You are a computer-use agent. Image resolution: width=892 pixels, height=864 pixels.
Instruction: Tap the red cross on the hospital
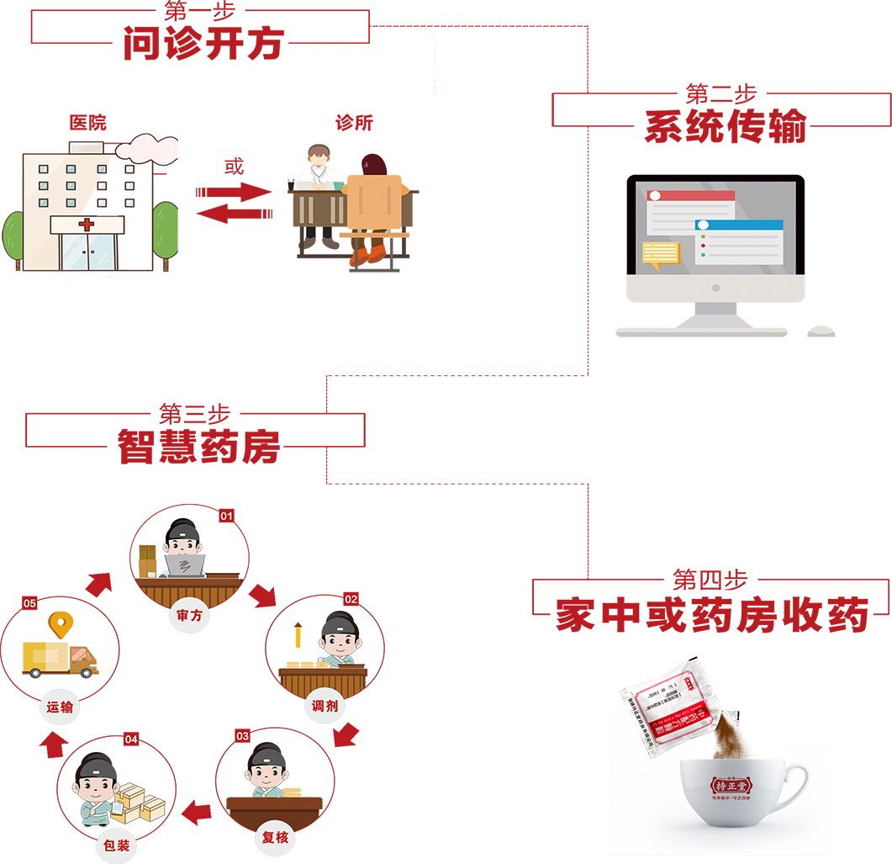click(x=87, y=225)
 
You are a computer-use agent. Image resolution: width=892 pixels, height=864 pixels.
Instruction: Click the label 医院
click(x=88, y=123)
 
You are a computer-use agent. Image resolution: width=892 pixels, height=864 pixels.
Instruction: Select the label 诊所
click(x=354, y=123)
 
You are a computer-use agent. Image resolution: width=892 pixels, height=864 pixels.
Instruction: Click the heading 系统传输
click(x=725, y=127)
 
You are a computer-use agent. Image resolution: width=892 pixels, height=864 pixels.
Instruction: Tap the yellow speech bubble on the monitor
click(x=660, y=252)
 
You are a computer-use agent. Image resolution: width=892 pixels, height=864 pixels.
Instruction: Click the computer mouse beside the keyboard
click(x=821, y=331)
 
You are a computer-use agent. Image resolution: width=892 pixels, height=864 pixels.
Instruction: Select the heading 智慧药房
click(x=198, y=448)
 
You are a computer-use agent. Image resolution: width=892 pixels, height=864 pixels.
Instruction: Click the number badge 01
click(x=226, y=516)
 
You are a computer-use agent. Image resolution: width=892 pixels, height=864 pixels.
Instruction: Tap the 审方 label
click(x=189, y=615)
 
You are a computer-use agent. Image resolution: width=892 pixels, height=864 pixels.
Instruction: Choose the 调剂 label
click(x=325, y=706)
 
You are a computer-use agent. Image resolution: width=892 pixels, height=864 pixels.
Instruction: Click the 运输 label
click(x=60, y=708)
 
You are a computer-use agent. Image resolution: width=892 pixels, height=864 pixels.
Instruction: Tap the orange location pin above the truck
click(x=58, y=624)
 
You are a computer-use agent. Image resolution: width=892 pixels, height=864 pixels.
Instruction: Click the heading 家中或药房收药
click(x=711, y=617)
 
